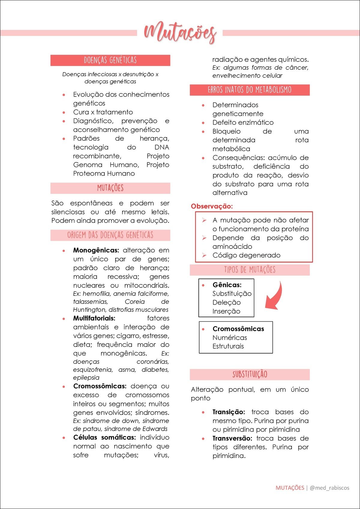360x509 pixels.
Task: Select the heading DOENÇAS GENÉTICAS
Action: click(110, 60)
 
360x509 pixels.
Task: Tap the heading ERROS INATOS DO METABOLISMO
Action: click(250, 90)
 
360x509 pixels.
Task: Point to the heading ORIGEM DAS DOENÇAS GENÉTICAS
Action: click(110, 235)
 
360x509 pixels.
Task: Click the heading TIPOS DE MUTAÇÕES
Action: click(250, 270)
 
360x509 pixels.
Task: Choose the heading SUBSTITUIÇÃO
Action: click(250, 374)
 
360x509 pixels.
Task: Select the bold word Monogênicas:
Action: click(96, 250)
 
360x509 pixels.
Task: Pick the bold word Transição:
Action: click(229, 412)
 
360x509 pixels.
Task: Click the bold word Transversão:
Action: click(232, 439)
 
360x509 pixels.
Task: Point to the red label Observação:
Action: click(212, 206)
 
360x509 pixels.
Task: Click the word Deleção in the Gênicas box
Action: click(226, 302)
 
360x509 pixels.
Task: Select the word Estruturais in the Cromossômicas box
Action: click(228, 346)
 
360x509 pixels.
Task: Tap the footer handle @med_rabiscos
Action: click(329, 488)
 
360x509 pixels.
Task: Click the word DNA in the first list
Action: click(162, 147)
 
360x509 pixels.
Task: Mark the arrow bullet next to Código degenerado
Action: click(204, 255)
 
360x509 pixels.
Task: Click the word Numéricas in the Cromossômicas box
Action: click(229, 338)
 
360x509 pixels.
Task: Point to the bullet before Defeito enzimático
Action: click(203, 123)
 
